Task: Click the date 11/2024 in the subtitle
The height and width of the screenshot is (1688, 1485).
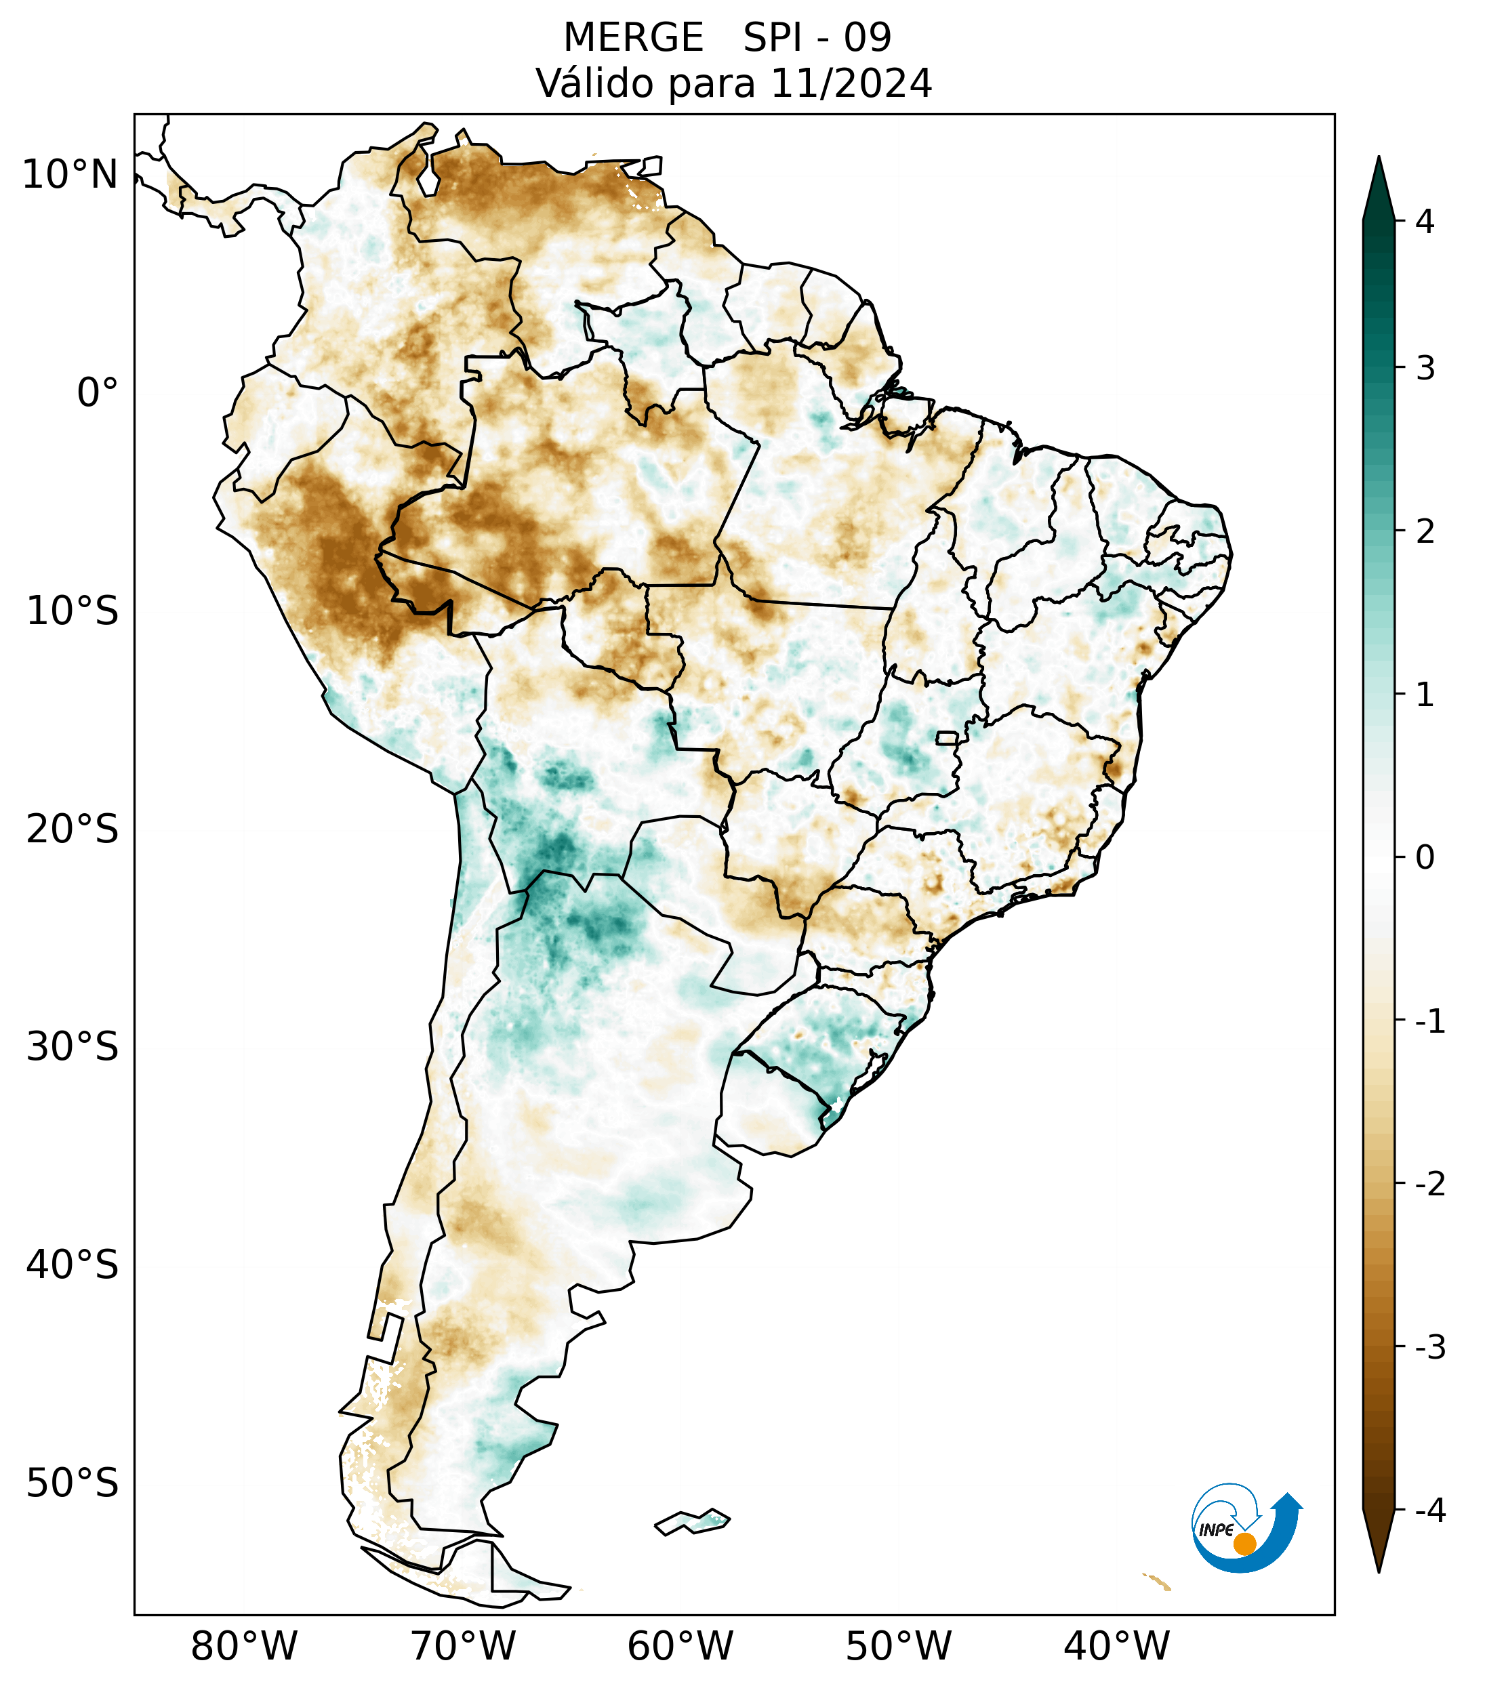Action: point(851,83)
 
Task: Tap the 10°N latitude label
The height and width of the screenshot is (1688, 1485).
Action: point(70,175)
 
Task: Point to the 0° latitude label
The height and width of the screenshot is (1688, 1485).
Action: point(98,392)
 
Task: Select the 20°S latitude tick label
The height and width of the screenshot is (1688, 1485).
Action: point(73,829)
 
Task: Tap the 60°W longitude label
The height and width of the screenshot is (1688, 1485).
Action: point(680,1646)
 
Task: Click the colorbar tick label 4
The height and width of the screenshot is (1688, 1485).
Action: point(1425,222)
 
